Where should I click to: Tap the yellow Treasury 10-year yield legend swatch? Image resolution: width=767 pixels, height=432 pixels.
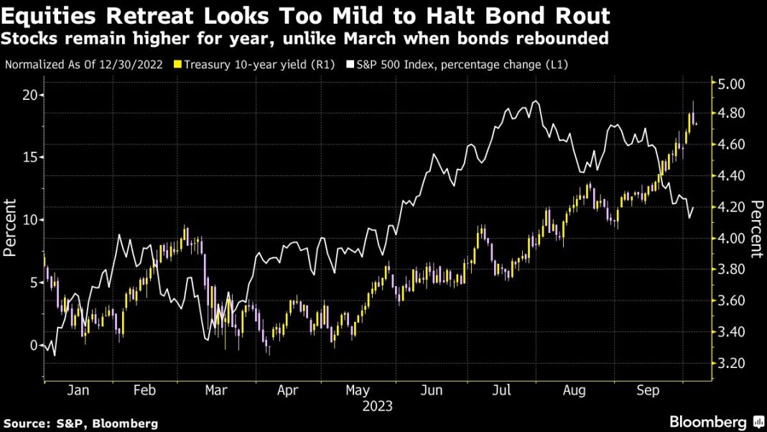[178, 65]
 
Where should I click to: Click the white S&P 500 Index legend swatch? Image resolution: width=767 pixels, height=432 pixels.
[350, 65]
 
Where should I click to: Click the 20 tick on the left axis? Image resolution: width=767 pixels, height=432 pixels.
[29, 95]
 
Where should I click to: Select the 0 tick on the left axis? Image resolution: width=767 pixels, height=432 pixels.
[33, 345]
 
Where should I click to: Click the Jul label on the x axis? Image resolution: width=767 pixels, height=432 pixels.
[501, 390]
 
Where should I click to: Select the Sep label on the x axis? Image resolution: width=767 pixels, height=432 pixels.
[649, 390]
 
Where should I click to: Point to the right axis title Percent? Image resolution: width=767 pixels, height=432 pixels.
[756, 229]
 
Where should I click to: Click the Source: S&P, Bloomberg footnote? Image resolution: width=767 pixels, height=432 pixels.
[80, 423]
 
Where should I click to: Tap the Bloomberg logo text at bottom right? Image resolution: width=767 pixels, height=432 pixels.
[708, 421]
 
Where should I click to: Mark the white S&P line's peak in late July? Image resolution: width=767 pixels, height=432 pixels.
[535, 101]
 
